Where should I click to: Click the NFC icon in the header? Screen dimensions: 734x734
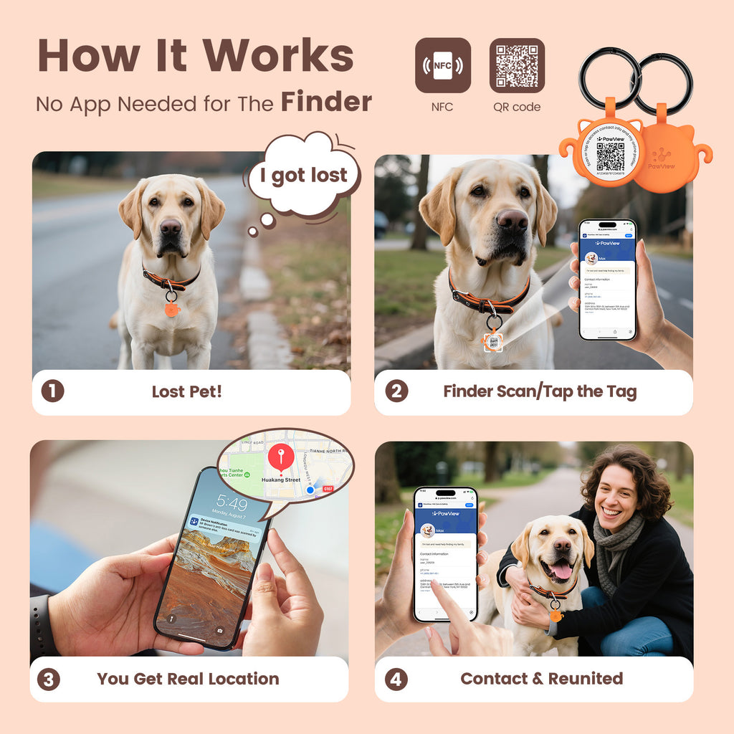[x=442, y=66]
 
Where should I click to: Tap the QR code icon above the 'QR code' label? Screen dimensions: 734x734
[x=517, y=66]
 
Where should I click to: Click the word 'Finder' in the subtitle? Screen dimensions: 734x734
[x=326, y=103]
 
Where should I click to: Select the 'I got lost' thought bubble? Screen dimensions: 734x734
[x=303, y=176]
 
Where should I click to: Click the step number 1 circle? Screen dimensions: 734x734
[x=52, y=391]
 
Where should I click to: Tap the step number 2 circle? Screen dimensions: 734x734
[x=396, y=391]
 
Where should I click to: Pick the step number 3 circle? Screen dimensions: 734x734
[x=48, y=679]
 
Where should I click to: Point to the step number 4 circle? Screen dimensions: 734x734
[x=396, y=679]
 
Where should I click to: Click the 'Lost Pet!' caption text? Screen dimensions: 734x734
[x=186, y=391]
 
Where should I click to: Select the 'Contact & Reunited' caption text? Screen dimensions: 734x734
[x=541, y=679]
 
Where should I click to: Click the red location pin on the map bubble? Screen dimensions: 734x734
[x=280, y=457]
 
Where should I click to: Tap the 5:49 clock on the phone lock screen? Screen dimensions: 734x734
[x=232, y=503]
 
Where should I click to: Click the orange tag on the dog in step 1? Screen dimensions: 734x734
[x=172, y=309]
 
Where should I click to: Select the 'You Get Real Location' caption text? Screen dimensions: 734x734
[x=188, y=679]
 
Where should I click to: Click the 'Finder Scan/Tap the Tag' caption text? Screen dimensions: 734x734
[x=539, y=391]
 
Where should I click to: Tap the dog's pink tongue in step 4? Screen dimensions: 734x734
[x=561, y=570]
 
